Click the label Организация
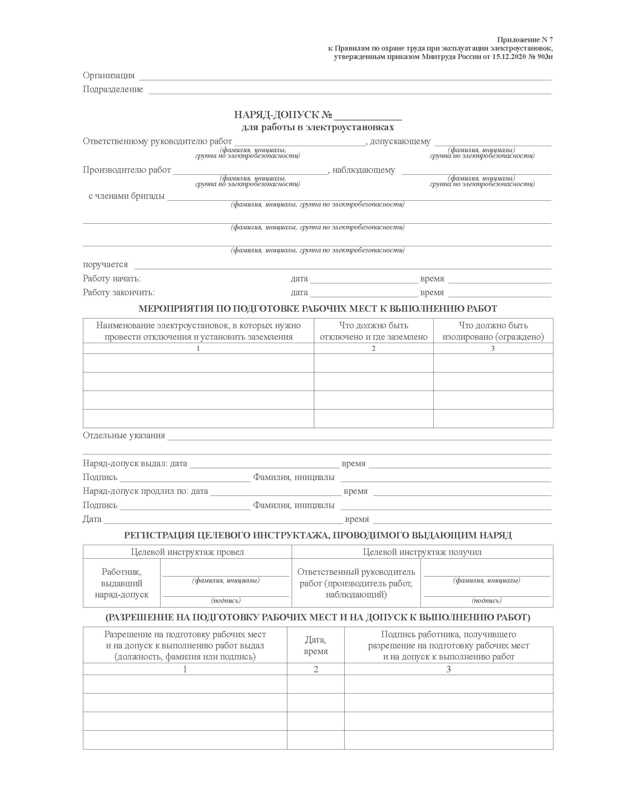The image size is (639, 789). pos(109,76)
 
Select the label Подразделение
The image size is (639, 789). pos(113,89)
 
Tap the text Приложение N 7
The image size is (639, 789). pos(525,40)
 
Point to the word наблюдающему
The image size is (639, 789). pos(363,170)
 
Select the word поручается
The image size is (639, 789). pos(105,264)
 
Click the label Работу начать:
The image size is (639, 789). pos(112,278)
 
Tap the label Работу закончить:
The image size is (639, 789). pos(118,292)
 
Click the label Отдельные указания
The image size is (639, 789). pos(124,435)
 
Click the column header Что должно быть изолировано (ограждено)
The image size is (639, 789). pos(493,331)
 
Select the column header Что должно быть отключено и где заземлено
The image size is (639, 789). pos(373,331)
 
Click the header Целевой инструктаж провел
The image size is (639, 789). pos(187,552)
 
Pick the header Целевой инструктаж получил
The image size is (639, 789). pos(422,552)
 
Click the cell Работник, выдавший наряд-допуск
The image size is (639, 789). pos(121,583)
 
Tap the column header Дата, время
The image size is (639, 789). pos(315,645)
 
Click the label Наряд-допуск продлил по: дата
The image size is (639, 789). pos(145,491)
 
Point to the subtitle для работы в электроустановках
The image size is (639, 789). pos(318,128)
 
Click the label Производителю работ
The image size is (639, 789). pos(127,170)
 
